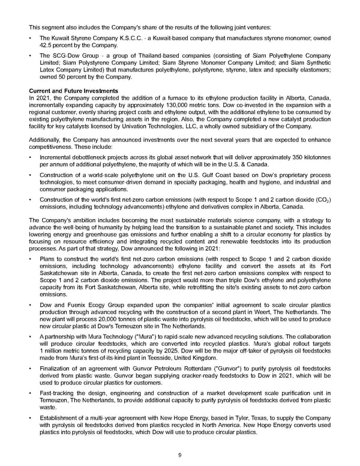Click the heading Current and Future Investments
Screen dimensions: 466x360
tap(73, 91)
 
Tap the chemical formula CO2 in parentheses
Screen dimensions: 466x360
tap(324, 199)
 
